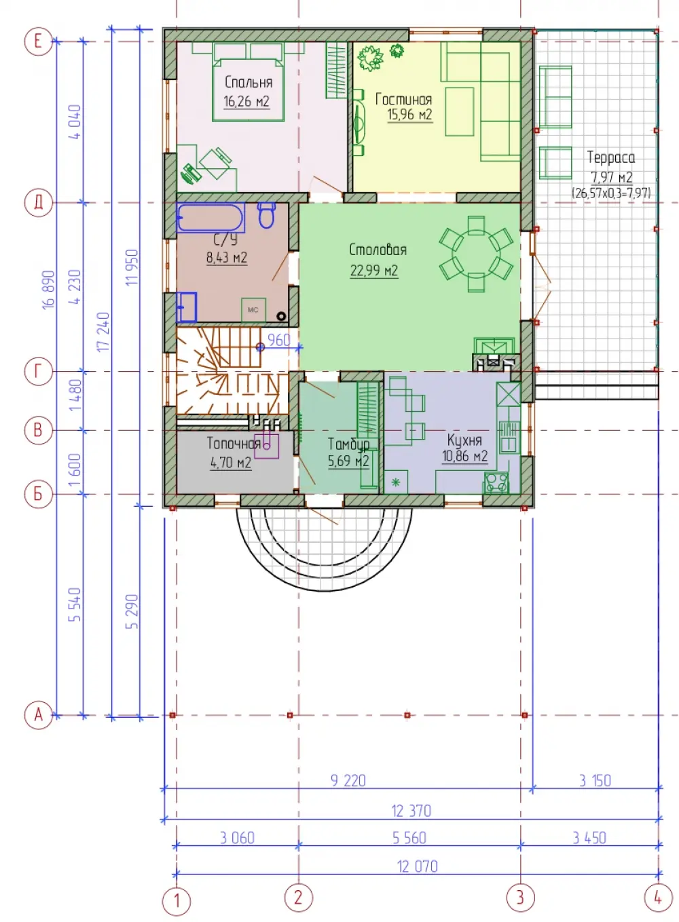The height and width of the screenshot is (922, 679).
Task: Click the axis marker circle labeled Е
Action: pyautogui.click(x=38, y=41)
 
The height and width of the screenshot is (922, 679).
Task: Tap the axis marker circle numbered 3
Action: pyautogui.click(x=520, y=897)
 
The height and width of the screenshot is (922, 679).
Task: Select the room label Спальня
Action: pyautogui.click(x=249, y=82)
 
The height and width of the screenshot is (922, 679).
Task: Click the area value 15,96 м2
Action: pyautogui.click(x=409, y=115)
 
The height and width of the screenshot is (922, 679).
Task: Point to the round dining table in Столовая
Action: pyautogui.click(x=476, y=254)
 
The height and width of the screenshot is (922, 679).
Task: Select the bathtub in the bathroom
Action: pyautogui.click(x=210, y=217)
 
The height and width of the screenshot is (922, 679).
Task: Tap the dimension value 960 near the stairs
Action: pyautogui.click(x=279, y=340)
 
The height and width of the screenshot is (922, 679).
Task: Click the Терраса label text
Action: pyautogui.click(x=610, y=157)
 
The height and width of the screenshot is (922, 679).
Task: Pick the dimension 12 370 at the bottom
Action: pyautogui.click(x=411, y=811)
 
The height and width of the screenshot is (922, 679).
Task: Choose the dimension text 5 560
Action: pyautogui.click(x=409, y=838)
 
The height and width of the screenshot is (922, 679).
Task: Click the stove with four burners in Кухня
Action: pyautogui.click(x=496, y=482)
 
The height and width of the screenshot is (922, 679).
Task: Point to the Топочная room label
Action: pyautogui.click(x=233, y=443)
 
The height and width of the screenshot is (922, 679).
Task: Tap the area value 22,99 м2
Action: pyautogui.click(x=373, y=271)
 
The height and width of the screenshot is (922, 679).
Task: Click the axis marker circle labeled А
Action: pyautogui.click(x=38, y=715)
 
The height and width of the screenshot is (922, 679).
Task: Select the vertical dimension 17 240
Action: pyautogui.click(x=103, y=332)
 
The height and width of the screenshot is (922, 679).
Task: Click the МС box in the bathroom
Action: pyautogui.click(x=253, y=309)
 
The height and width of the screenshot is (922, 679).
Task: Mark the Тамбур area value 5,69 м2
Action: pyautogui.click(x=348, y=461)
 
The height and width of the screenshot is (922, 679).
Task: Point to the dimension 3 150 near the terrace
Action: pyautogui.click(x=595, y=780)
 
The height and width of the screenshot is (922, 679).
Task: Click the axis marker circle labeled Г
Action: pyautogui.click(x=38, y=372)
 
